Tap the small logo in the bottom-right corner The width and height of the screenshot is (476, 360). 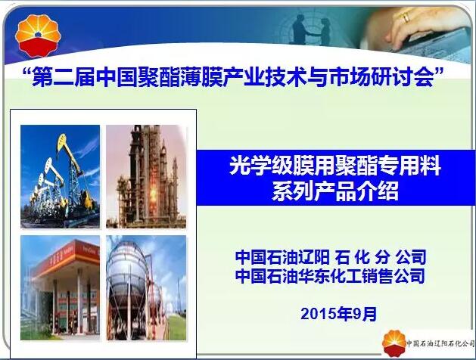point(394,343)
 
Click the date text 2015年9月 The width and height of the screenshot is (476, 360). point(339,314)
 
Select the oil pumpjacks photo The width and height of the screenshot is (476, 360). point(60,176)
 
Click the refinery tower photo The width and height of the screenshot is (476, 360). point(146,176)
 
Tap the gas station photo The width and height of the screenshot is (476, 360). point(60,288)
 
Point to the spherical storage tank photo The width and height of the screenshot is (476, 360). point(146,288)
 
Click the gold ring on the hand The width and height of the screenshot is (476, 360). point(406,17)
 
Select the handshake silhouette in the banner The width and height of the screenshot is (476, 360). point(310,31)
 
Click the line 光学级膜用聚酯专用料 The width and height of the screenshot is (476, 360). point(335,166)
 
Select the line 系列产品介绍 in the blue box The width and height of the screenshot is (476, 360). point(335,191)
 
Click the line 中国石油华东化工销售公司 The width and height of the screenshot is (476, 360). point(330,275)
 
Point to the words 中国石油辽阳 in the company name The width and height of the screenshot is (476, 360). point(282,257)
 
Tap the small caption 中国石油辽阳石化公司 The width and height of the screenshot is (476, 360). point(440,343)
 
